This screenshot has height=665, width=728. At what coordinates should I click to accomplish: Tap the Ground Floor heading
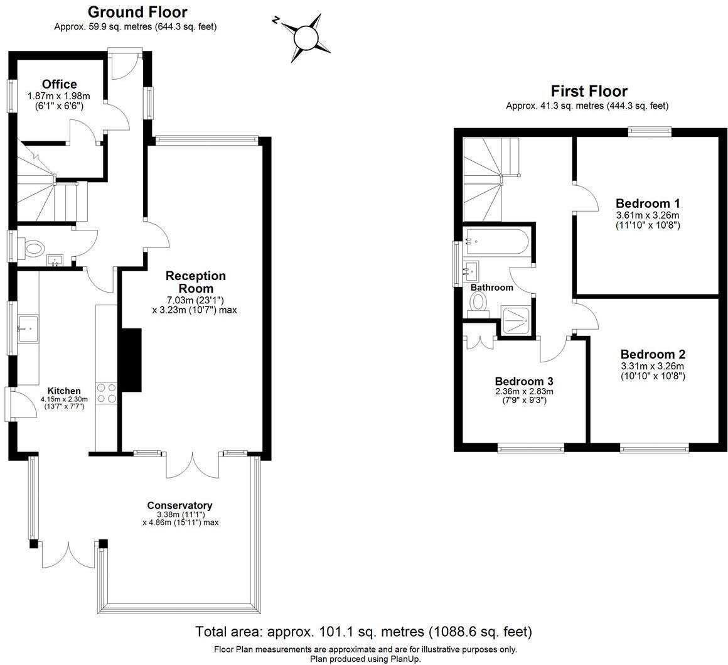pos(137,11)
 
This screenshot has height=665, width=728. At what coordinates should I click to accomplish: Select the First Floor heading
pos(589,91)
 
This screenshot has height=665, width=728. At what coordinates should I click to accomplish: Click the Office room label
pos(60,84)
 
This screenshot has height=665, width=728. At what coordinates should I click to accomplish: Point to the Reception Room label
pos(195,281)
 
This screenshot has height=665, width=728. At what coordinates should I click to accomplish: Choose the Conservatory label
pos(179,506)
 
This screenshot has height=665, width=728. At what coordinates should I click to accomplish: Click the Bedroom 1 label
pos(648,203)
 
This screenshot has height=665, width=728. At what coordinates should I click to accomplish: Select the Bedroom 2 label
pos(652,354)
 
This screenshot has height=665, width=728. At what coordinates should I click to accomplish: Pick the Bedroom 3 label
pos(524,381)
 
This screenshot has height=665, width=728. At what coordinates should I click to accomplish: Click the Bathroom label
pos(492,288)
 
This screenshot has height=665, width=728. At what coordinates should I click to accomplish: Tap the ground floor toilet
pos(35,247)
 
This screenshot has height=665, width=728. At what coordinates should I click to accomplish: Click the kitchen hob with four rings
pos(106,392)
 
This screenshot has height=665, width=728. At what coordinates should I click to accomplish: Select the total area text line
pos(363,631)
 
